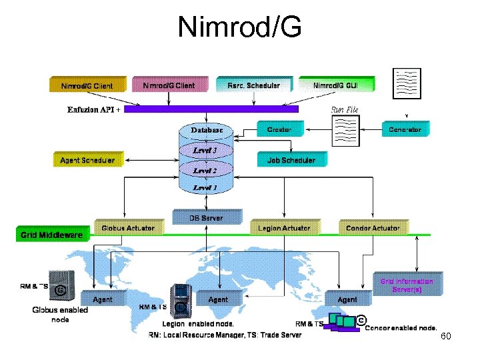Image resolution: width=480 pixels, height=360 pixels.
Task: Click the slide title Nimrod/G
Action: [239, 27]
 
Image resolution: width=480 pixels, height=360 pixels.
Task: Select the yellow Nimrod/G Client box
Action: [87, 85]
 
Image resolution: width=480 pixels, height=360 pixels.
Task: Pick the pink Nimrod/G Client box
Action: [169, 85]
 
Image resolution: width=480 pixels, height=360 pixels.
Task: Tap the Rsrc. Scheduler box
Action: [253, 85]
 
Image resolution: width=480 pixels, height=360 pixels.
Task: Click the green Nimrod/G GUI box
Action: [335, 85]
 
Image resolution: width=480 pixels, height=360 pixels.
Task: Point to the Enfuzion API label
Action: [93, 109]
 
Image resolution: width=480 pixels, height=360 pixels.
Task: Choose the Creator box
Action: [279, 129]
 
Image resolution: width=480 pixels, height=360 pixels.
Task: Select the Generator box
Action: [405, 129]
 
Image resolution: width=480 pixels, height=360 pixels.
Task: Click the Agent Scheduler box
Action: [87, 160]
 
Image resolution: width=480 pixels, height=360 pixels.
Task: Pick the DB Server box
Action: [206, 217]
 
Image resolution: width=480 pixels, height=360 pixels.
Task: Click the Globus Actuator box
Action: [128, 227]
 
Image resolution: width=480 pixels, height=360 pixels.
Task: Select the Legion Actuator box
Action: [284, 227]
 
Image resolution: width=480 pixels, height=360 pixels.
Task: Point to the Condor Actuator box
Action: [373, 227]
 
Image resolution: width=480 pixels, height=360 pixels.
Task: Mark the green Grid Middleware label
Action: [52, 235]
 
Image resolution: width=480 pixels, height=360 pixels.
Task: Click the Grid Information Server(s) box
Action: [407, 285]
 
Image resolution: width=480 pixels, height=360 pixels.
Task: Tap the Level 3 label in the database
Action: [205, 151]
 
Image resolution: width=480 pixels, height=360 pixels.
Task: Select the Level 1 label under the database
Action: [205, 188]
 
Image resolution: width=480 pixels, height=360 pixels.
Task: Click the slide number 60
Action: [446, 336]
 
